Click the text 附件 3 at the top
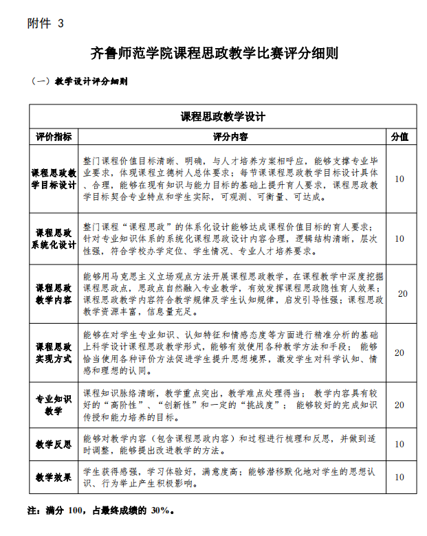(45, 23)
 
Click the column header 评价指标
(54, 137)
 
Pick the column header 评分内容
(230, 137)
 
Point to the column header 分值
(399, 137)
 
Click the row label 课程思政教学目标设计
(54, 179)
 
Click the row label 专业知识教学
(54, 405)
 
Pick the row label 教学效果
(54, 477)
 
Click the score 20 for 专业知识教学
(399, 405)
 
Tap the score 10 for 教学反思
(399, 444)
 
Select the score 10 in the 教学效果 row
(399, 477)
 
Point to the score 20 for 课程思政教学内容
(402, 293)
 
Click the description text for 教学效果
(230, 477)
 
